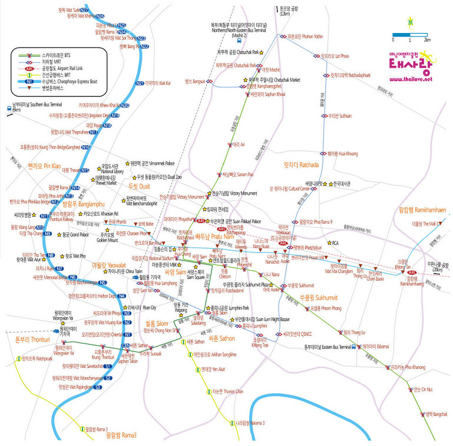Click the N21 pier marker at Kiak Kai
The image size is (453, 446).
click(x=140, y=83)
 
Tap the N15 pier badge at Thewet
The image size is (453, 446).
click(x=85, y=170)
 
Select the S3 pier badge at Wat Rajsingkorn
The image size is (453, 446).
click(x=98, y=387)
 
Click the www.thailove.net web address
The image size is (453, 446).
click(x=410, y=79)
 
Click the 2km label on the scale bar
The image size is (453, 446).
click(x=426, y=39)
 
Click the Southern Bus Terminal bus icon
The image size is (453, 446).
click(x=8, y=107)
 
